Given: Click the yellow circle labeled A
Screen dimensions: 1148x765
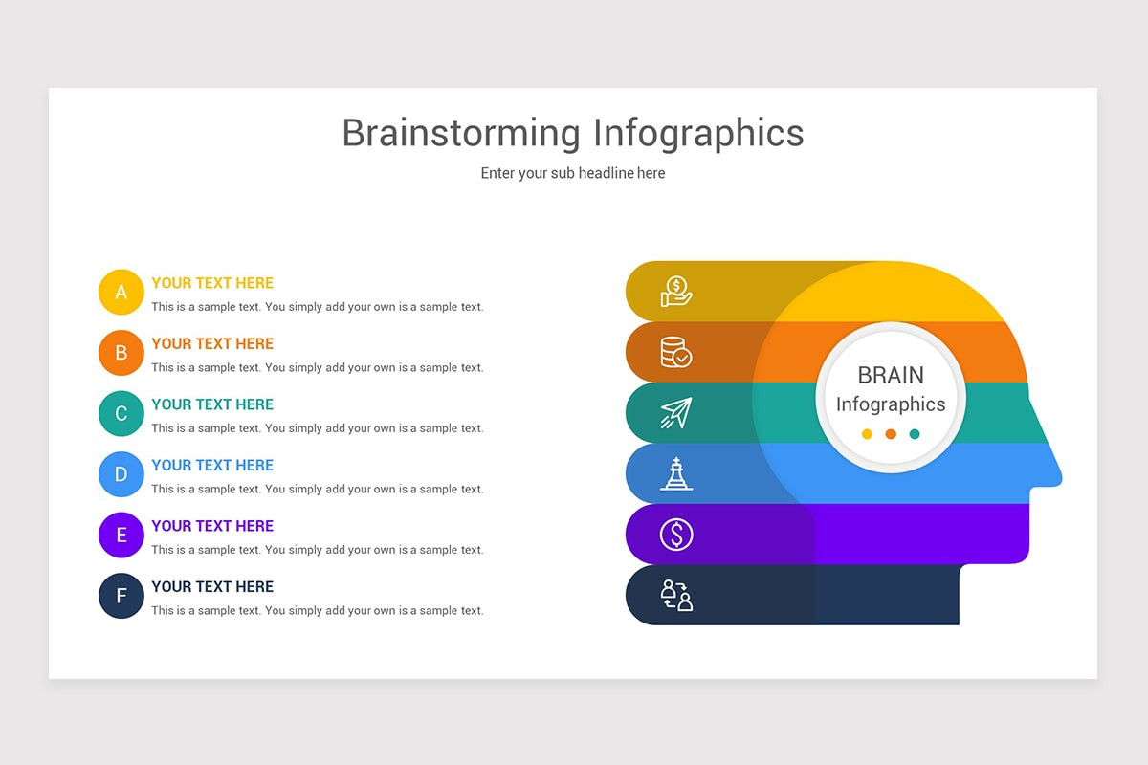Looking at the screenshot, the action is [x=121, y=292].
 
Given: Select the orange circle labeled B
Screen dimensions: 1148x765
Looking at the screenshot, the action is [x=121, y=353].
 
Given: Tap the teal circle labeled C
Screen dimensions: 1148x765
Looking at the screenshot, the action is [x=121, y=413].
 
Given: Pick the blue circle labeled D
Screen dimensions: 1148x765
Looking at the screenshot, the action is [x=121, y=474].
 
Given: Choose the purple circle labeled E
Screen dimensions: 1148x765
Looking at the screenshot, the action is [x=121, y=535].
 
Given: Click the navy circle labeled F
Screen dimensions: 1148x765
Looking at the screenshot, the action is [x=121, y=596].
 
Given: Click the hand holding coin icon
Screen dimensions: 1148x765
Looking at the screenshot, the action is [x=676, y=292].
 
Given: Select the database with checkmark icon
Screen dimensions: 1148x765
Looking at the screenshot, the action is [x=676, y=352].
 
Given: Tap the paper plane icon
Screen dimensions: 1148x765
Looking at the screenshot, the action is [x=676, y=413].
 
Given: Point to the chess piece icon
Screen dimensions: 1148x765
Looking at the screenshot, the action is [x=676, y=473].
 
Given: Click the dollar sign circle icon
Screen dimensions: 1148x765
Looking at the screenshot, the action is [x=676, y=535].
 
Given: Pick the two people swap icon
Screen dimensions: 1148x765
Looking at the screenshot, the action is [x=676, y=596].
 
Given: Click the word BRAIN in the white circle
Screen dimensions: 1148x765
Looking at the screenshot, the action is [x=891, y=375].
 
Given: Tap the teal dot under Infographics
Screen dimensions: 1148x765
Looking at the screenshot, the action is [x=915, y=434].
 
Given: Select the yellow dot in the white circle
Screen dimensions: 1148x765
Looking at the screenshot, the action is [x=867, y=434].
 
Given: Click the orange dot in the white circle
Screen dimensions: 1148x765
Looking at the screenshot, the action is [x=891, y=434].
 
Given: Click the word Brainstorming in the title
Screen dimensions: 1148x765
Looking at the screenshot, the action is [x=461, y=133].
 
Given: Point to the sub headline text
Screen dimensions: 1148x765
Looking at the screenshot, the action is [x=573, y=173].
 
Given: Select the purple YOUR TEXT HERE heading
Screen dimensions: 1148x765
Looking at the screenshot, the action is [x=212, y=526].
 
